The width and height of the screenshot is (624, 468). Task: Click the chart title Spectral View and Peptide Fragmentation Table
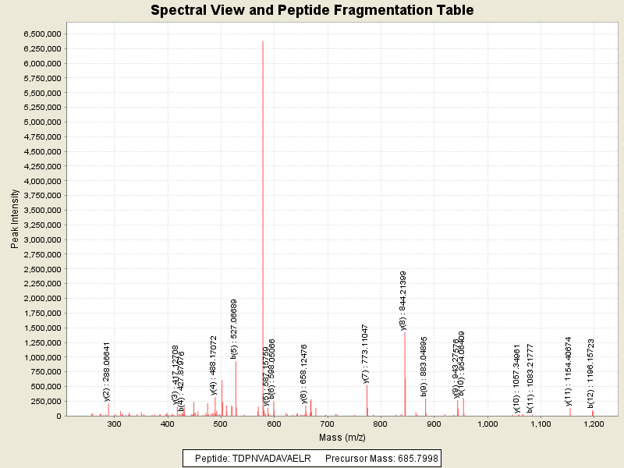point(312,10)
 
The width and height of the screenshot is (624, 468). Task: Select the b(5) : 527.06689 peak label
point(234,328)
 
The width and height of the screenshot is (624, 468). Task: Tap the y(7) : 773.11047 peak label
point(366,353)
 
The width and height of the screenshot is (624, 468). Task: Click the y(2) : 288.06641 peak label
point(107,371)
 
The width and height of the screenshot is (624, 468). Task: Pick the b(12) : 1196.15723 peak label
point(591,373)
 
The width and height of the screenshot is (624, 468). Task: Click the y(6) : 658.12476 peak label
point(304,371)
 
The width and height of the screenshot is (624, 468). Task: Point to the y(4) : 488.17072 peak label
point(214,366)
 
